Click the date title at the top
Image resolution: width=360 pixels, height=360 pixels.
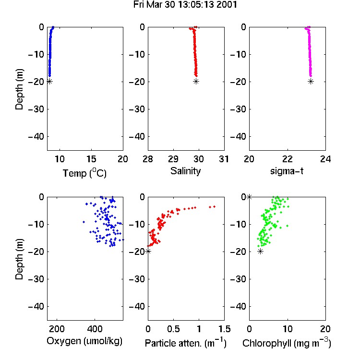click(185, 4)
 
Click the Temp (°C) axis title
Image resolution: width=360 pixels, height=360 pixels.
click(84, 173)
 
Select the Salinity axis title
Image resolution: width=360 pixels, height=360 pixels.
click(185, 171)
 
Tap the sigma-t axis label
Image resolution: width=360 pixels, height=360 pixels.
click(287, 171)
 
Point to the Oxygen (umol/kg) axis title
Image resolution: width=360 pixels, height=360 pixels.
click(84, 341)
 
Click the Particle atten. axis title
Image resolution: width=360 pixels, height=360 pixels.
click(186, 343)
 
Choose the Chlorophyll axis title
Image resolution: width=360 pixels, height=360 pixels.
click(287, 343)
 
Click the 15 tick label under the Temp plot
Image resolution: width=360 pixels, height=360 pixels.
click(91, 159)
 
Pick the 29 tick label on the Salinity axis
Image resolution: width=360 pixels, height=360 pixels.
click(173, 159)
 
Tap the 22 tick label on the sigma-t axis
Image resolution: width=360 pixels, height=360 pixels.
click(288, 159)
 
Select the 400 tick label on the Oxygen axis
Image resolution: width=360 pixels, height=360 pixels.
click(95, 329)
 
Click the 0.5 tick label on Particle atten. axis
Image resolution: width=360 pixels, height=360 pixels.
click(173, 329)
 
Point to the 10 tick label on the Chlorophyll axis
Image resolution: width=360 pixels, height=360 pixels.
click(288, 329)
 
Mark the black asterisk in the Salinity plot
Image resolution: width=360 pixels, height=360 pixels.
click(196, 82)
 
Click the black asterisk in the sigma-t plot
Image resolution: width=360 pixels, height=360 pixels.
click(311, 82)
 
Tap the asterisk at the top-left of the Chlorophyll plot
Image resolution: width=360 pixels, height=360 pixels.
click(249, 197)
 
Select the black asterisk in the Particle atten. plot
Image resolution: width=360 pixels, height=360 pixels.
click(148, 252)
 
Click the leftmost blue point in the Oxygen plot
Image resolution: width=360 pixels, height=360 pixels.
click(84, 222)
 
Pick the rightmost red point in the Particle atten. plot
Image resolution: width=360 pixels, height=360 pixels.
click(214, 206)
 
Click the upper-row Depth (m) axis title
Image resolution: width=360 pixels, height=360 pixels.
click(19, 89)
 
